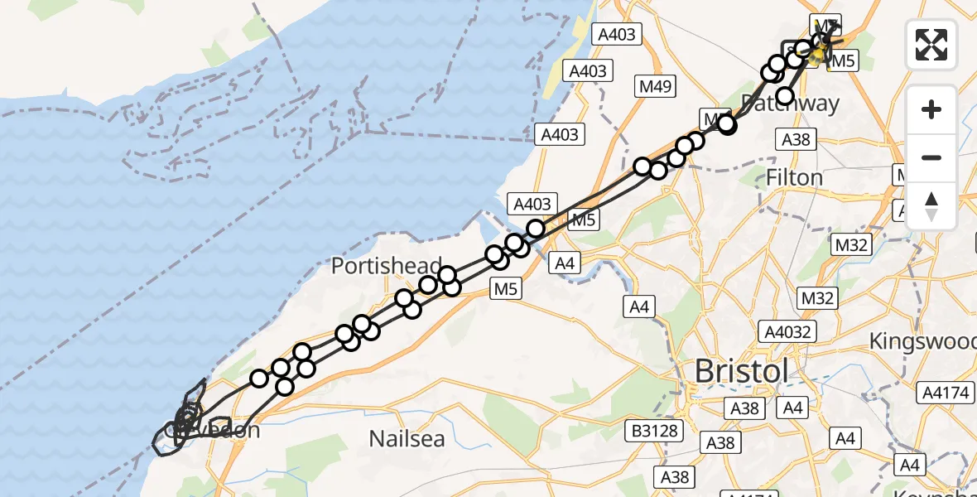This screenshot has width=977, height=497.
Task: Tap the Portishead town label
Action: pos(387,266)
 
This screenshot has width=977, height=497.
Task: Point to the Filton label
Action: pos(794,177)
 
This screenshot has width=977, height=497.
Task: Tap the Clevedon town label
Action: pos(212,431)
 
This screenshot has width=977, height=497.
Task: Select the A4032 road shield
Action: pos(789,332)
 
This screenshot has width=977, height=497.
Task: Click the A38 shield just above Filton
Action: pos(796,139)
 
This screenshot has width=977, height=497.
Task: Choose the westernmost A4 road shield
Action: pos(564,263)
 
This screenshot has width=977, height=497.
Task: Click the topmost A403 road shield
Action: pos(616,34)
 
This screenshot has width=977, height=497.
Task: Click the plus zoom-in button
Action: pos(931,109)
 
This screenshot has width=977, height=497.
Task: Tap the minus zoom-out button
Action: pos(931,157)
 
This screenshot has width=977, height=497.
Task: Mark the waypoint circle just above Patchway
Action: pos(784,96)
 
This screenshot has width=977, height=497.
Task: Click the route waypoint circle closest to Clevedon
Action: pos(259,379)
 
